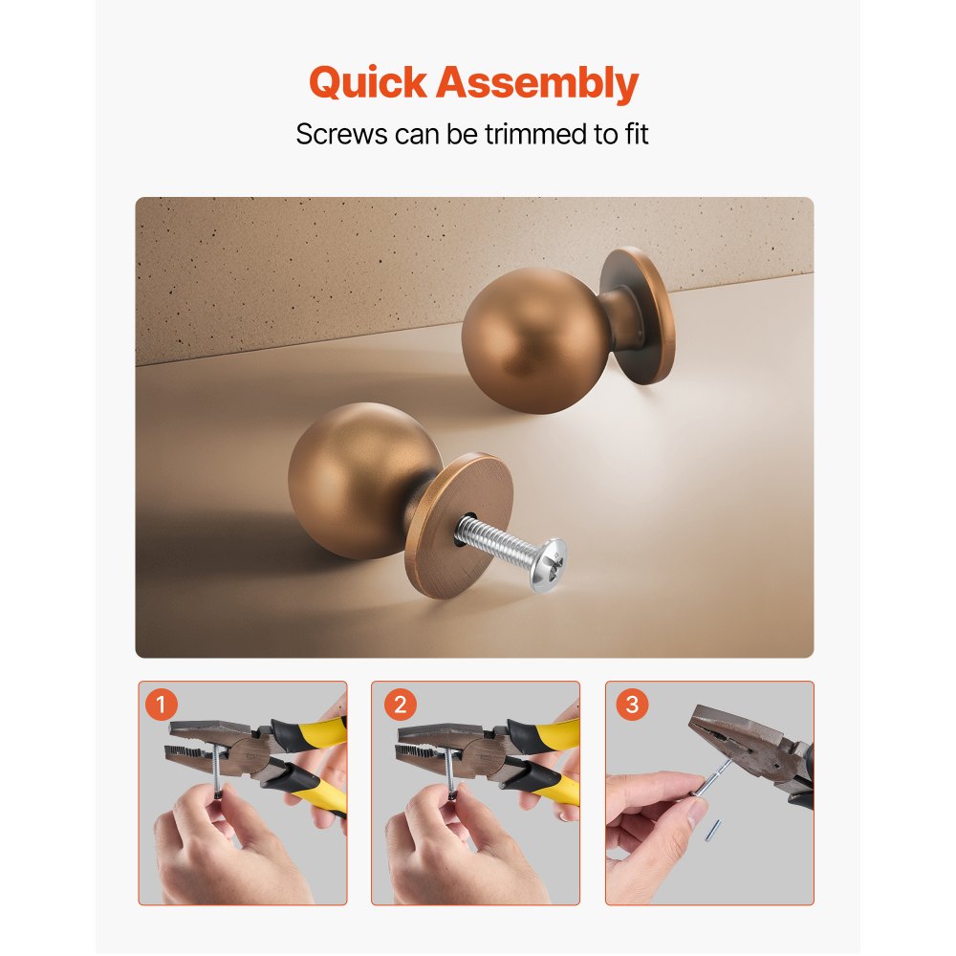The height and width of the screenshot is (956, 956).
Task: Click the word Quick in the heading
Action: click(368, 84)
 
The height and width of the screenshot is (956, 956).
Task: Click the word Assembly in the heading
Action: click(537, 84)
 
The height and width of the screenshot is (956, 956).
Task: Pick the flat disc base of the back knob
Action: click(639, 315)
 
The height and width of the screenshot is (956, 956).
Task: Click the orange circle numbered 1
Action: click(161, 706)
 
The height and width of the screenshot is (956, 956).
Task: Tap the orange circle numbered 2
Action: click(399, 706)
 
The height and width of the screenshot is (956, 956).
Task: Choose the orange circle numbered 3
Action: click(631, 706)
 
